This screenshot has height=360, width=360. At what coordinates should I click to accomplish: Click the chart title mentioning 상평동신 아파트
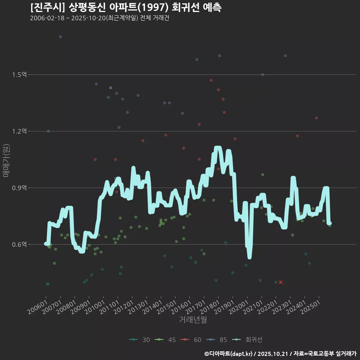tap(126, 7)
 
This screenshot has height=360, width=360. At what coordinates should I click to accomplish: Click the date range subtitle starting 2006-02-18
tap(99, 18)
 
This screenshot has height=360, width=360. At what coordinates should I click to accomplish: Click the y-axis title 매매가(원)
tap(6, 160)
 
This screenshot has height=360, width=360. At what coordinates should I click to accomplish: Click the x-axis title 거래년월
tap(193, 319)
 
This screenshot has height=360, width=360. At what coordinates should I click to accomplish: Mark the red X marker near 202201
tap(280, 282)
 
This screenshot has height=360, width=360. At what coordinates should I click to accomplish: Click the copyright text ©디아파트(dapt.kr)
tap(229, 354)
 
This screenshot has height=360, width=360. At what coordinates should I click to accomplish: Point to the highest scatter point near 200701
tap(60, 37)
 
